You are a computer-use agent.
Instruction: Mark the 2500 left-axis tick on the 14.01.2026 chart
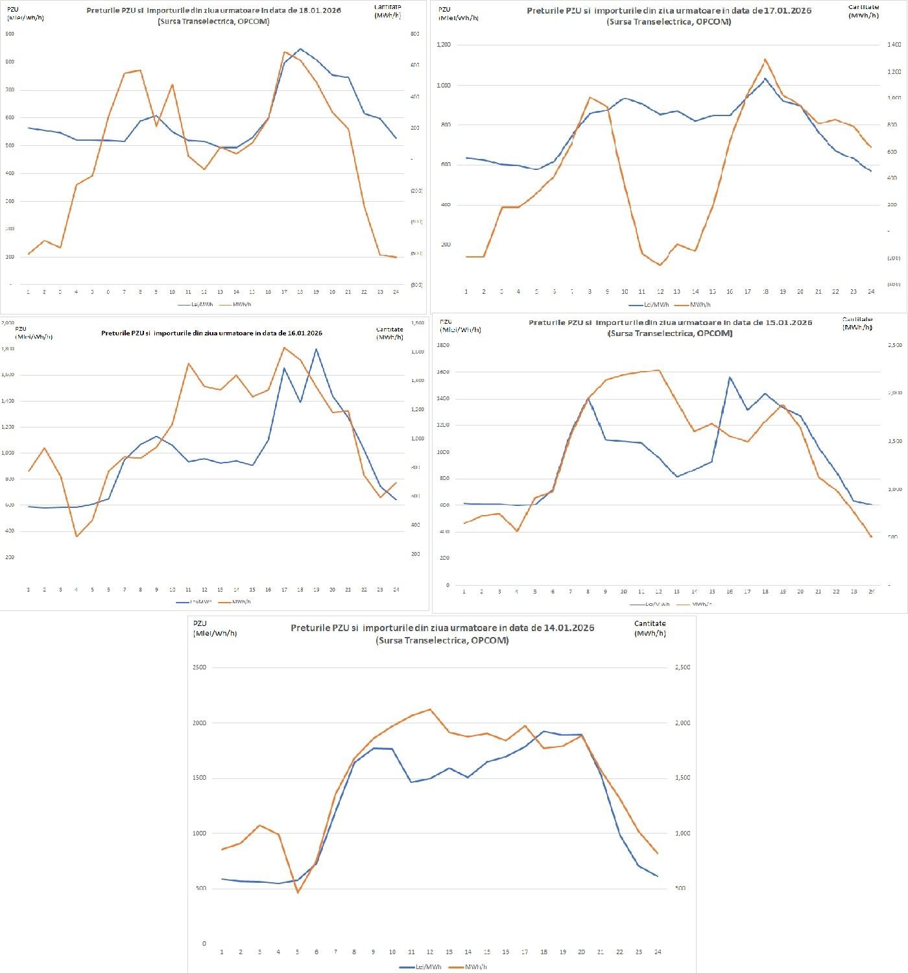tap(200, 667)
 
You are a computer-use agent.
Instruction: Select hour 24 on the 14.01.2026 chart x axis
tap(658, 952)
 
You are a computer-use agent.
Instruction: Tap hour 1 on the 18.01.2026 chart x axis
tap(29, 292)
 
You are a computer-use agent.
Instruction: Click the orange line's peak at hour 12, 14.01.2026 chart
tap(430, 709)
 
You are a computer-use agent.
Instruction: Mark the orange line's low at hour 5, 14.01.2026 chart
tap(298, 893)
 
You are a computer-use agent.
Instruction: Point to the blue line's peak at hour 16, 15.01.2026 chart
tap(730, 377)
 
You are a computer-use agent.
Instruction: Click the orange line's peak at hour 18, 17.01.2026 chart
tap(765, 59)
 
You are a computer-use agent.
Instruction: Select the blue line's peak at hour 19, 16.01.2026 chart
tap(316, 349)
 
